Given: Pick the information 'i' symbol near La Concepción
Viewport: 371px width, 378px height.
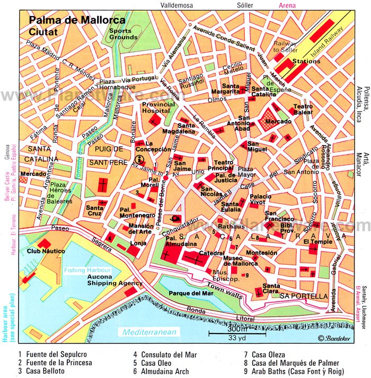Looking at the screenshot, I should [x=139, y=159].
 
